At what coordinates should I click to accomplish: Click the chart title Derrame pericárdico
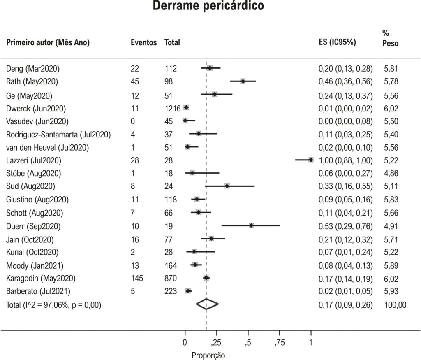point(208,5)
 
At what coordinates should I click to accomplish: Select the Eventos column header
point(143,42)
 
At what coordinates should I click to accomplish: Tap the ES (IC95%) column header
point(337,42)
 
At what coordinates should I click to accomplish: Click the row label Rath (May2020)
point(32,81)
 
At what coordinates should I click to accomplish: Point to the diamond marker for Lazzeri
point(311,160)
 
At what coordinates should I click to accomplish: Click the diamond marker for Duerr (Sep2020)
point(251,225)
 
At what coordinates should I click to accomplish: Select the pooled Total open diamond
point(207,304)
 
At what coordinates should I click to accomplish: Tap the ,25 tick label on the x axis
point(216,343)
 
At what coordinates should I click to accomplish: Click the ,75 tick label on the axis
point(280,343)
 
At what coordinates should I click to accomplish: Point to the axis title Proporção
point(208,355)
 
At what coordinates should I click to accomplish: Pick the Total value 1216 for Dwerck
point(173,109)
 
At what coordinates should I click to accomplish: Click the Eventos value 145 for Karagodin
point(137,278)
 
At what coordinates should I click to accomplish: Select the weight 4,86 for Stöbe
point(391,173)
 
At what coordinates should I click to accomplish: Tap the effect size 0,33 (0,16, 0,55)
point(345,186)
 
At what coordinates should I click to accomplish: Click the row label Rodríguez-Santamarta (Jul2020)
point(58,134)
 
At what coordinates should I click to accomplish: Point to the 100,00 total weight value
point(395,305)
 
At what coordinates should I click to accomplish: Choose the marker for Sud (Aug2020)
point(227,186)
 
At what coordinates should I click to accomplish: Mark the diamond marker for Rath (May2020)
point(243,81)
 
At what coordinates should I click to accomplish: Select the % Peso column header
point(391,38)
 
